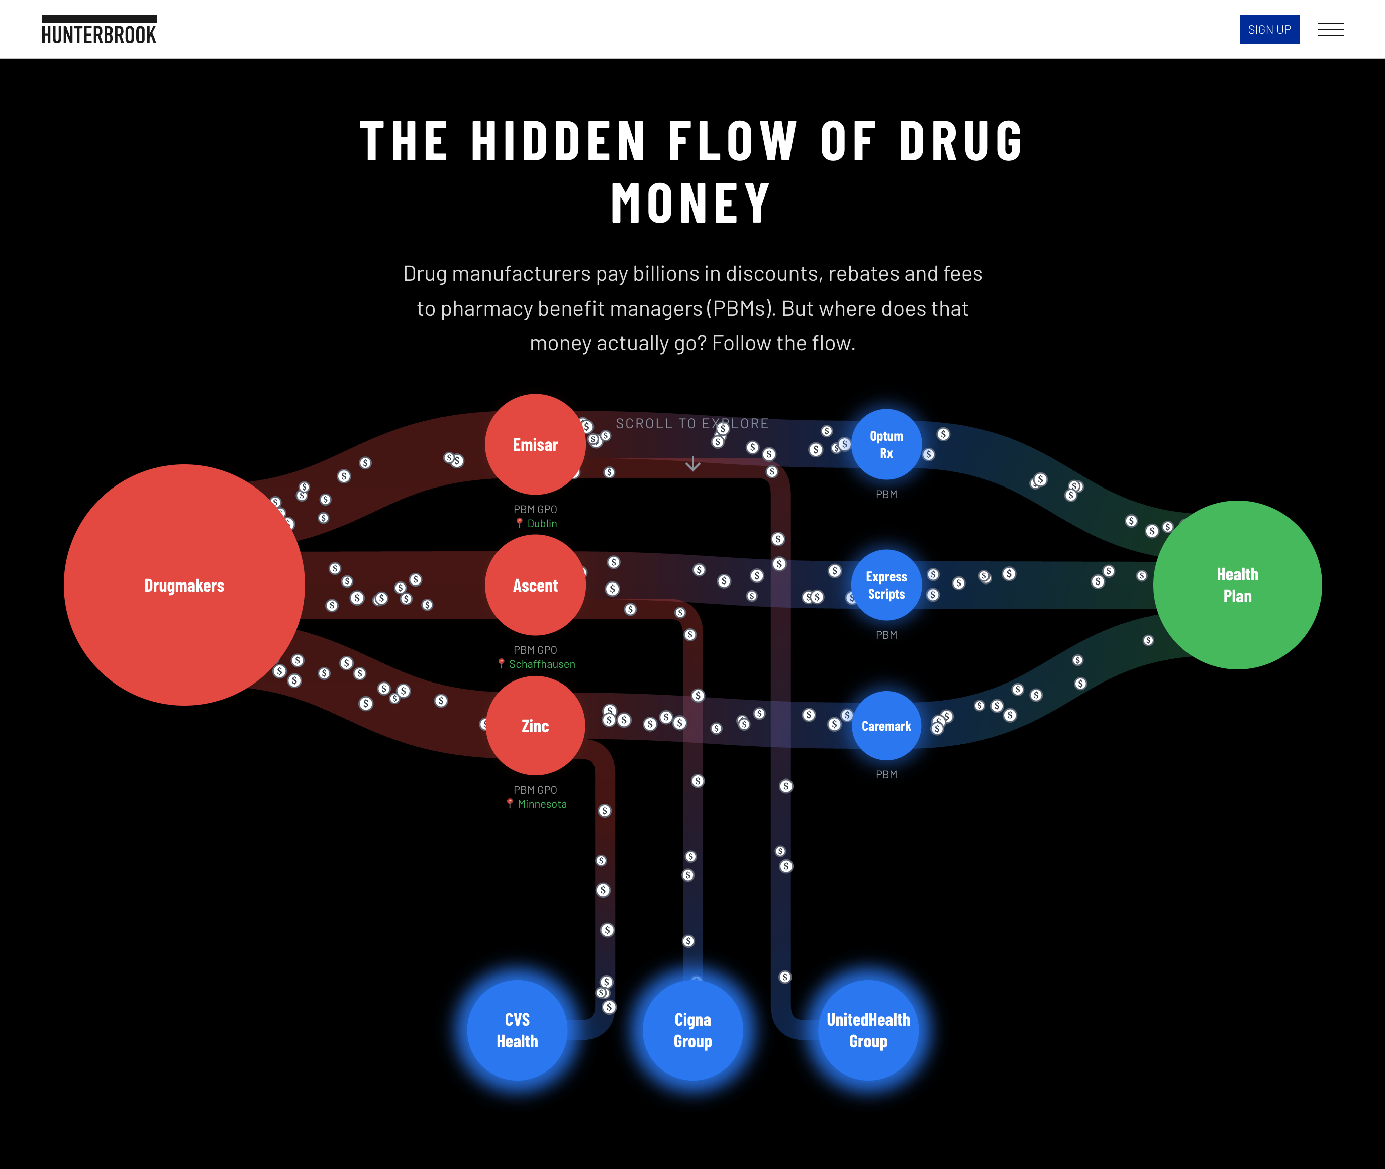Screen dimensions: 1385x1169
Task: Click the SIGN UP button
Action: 1268,29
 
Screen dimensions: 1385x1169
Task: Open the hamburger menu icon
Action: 1330,29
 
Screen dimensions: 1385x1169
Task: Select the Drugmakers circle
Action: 184,585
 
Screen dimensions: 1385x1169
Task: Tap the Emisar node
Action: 535,445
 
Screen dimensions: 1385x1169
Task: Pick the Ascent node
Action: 535,585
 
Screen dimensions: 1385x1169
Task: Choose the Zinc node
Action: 535,726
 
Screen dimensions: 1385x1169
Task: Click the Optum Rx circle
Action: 886,445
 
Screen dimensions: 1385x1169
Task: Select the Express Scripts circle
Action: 886,585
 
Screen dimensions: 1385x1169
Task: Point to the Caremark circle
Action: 886,726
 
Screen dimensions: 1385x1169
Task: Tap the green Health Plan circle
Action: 1237,585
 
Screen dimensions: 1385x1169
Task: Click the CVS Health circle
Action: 517,1030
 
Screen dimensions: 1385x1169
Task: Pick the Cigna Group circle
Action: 692,1030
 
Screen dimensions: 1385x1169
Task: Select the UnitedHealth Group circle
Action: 868,1030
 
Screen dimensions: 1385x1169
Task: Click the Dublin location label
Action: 541,524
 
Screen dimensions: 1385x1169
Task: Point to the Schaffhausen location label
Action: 541,664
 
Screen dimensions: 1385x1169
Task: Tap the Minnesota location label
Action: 541,804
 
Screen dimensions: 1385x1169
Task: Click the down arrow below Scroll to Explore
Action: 692,464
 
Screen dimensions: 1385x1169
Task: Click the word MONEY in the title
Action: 691,204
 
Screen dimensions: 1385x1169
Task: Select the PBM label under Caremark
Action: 886,774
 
